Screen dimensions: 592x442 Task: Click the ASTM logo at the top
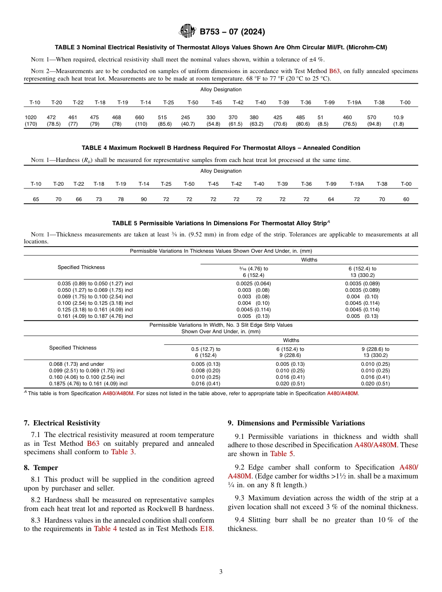188,32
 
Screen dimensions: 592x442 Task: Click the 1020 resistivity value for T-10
30,118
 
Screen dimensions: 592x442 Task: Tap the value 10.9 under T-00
398,118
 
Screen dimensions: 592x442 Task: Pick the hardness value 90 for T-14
144,199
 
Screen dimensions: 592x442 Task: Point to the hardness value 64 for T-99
330,199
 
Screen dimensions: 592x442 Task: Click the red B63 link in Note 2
335,71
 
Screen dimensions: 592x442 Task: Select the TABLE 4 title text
221,148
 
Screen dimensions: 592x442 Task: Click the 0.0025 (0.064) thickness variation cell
253,283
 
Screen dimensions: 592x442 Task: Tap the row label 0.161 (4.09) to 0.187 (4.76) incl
95,316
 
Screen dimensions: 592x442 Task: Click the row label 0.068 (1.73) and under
76,364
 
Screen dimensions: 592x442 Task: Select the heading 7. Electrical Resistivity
62,423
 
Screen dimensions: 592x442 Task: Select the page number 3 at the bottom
221,572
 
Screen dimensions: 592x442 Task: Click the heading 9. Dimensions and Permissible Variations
296,423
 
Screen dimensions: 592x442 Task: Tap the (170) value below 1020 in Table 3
30,124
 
